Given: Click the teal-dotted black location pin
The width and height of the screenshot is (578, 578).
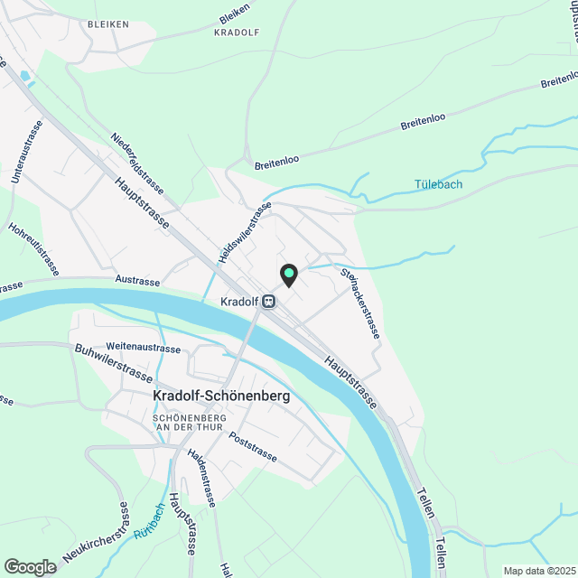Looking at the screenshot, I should pyautogui.click(x=288, y=274).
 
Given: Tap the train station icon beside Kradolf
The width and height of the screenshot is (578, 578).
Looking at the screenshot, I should pyautogui.click(x=268, y=302).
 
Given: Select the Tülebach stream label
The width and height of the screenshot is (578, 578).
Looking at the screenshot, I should pyautogui.click(x=438, y=185).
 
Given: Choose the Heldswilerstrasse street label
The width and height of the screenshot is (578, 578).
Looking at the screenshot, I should pyautogui.click(x=245, y=234).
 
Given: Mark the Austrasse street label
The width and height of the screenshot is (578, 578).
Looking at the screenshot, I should pyautogui.click(x=137, y=282).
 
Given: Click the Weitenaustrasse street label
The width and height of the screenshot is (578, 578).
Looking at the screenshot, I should pyautogui.click(x=143, y=347).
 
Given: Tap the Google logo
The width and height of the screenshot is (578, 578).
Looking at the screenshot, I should pyautogui.click(x=30, y=566).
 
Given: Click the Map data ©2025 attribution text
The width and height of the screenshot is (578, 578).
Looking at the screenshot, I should pyautogui.click(x=538, y=571).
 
